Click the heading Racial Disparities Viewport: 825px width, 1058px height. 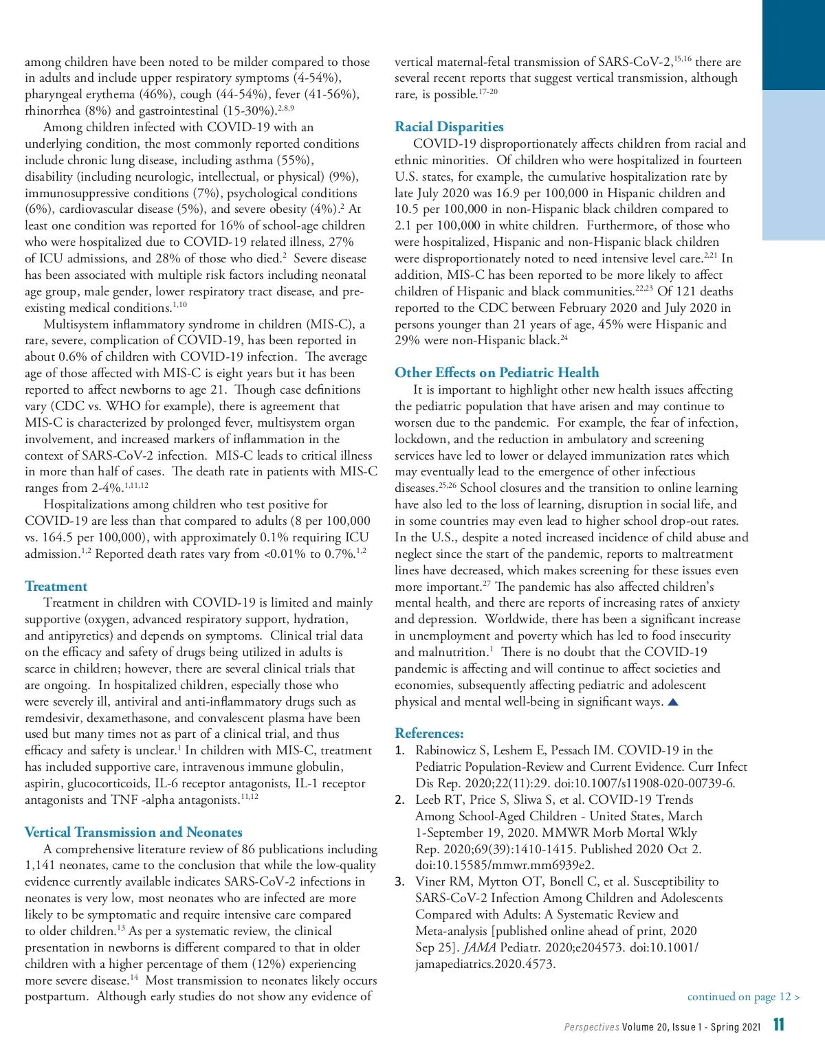point(449,126)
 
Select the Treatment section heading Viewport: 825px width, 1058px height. point(56,586)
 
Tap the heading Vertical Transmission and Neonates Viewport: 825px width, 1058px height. point(133,832)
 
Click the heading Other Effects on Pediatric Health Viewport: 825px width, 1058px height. point(496,372)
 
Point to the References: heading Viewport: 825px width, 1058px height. point(429,733)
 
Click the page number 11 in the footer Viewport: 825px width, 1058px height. point(778,1025)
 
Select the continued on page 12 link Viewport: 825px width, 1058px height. point(743,996)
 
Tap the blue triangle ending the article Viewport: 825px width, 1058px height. point(673,701)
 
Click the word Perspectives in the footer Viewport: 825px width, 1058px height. point(591,1027)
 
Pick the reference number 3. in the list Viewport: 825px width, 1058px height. point(400,881)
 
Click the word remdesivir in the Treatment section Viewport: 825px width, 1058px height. point(52,718)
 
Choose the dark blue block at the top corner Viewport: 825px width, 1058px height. point(793,45)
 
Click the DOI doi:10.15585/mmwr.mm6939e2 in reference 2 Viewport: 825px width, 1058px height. point(505,865)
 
